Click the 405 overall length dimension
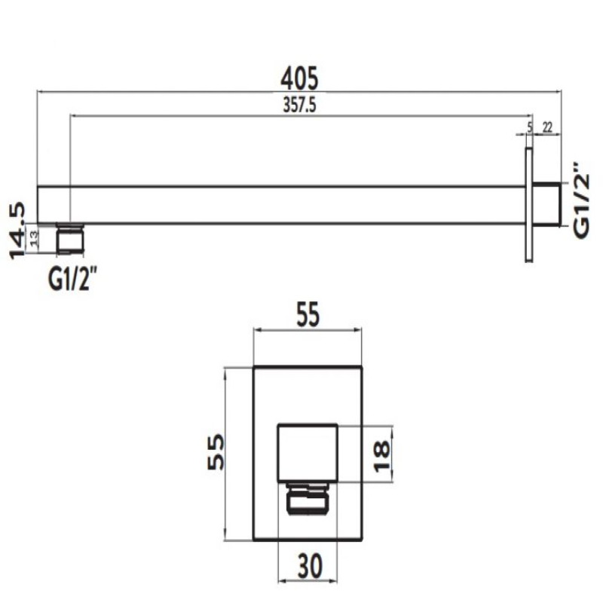point(299,78)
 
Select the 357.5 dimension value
point(298,106)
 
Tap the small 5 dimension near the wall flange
point(530,127)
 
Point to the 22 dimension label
point(548,127)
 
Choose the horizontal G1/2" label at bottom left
point(72,280)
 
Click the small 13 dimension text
point(33,238)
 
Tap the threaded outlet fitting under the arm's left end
point(72,239)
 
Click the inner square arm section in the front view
point(307,452)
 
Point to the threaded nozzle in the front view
point(307,500)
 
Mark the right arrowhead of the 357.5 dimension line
point(527,116)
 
